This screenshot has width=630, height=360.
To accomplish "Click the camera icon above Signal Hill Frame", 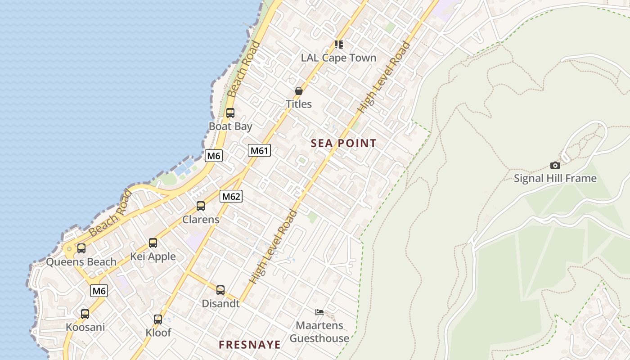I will point(555,165).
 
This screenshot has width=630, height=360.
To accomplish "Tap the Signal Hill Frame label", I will point(555,179).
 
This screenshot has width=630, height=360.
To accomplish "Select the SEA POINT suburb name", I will point(344,144).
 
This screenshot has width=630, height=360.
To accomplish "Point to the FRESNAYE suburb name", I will point(250,345).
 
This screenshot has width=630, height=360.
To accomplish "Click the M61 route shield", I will point(259,150).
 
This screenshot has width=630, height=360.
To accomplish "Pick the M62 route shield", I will point(231,196).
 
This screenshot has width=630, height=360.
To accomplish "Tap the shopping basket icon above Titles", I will point(298,91).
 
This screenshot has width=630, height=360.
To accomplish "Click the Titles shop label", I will point(299,104).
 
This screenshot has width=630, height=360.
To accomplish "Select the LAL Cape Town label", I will point(338,58).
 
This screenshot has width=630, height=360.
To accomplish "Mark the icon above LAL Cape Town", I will point(339,44).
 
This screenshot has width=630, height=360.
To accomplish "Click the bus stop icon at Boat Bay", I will point(230,113).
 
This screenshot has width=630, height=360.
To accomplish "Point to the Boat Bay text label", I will point(230,126).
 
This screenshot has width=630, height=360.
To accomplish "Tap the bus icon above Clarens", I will point(201,206).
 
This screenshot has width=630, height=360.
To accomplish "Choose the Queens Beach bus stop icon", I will point(81,248).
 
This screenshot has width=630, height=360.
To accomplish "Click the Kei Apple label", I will point(153,256).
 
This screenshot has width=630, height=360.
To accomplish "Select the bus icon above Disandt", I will point(220,290).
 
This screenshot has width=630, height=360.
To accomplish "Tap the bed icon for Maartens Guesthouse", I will point(319,312).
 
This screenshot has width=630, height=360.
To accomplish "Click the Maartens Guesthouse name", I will point(319,332).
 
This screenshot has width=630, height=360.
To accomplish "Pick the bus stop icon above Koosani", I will point(85,314).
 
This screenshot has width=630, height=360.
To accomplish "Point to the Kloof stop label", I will point(158,333).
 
